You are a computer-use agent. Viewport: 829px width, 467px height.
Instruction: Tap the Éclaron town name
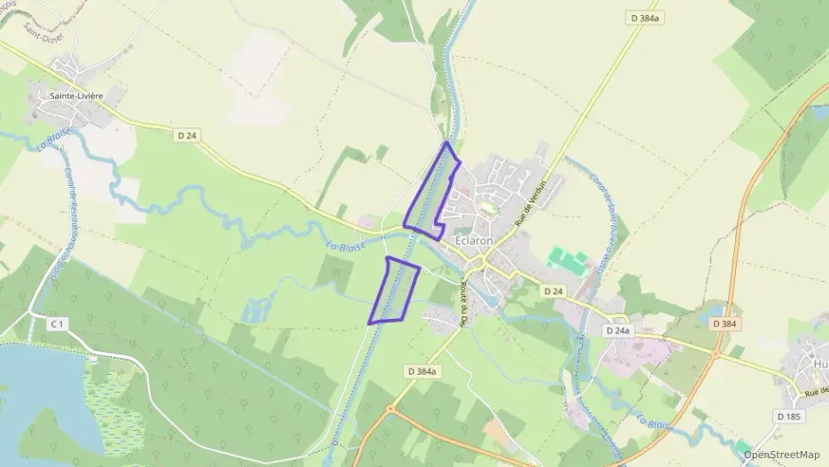tap(475, 240)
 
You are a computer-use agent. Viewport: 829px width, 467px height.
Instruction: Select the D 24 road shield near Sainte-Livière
tap(187, 135)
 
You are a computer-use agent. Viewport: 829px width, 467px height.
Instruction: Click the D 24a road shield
tap(617, 330)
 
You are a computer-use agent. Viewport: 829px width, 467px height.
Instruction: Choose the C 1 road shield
tap(57, 324)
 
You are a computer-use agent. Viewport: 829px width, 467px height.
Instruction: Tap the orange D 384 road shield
tap(724, 324)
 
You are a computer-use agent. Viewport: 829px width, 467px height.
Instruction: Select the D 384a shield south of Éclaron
tap(422, 371)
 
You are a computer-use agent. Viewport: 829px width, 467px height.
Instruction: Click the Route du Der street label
tap(462, 304)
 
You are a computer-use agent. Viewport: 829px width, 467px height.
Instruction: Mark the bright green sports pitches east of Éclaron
tap(568, 261)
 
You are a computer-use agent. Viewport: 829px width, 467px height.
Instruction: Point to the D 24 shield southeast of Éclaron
tap(554, 291)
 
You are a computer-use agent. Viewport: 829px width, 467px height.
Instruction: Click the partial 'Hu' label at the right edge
tap(820, 362)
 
